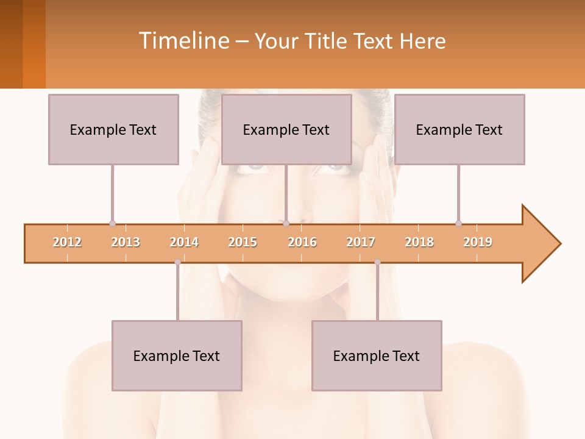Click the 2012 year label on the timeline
coord(67,242)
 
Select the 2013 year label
coord(126,242)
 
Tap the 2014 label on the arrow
coord(184,242)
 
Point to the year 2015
coord(243,242)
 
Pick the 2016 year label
coord(302,242)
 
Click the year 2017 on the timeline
coord(361,242)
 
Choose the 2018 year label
coord(419,242)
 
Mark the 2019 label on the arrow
coord(478,242)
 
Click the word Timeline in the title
coord(183,41)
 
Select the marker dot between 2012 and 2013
coord(112,223)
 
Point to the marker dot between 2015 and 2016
coord(286,223)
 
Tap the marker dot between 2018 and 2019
coord(458,223)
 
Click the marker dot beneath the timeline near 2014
coord(177,262)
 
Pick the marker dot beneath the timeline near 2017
coord(377,262)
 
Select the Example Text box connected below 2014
coord(177,355)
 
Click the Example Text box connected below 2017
coord(377,355)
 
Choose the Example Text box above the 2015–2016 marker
coord(286,129)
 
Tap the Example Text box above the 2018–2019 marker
coord(459,129)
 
